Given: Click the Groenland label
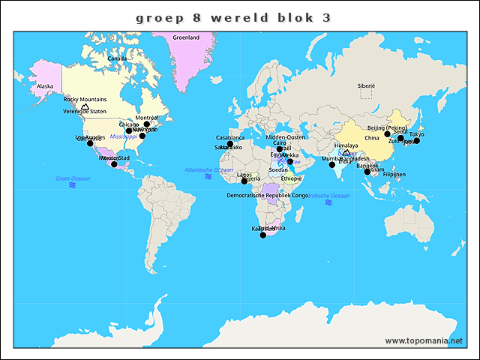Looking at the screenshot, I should point(186,37).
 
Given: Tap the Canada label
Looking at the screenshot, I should point(117,58).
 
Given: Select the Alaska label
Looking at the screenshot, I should point(45,86).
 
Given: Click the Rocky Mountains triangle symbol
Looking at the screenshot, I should point(85,106).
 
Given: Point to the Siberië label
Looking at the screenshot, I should point(366,86).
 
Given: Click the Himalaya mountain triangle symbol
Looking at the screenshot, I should point(346,152).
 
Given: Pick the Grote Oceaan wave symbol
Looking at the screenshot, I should point(73,184).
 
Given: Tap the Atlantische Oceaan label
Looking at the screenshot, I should point(208,170).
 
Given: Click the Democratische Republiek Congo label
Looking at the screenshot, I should point(268,195).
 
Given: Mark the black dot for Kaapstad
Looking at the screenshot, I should point(262,235).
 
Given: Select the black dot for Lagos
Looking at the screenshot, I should point(244,181).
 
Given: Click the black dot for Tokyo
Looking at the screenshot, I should point(417,141).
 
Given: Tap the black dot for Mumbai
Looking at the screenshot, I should point(332,164).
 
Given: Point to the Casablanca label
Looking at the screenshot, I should point(230,138).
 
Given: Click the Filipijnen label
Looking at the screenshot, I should point(394,174).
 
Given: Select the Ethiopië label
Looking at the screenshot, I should point(291,178).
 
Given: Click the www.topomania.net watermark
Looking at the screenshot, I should point(424,340).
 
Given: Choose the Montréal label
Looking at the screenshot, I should point(147,118).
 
